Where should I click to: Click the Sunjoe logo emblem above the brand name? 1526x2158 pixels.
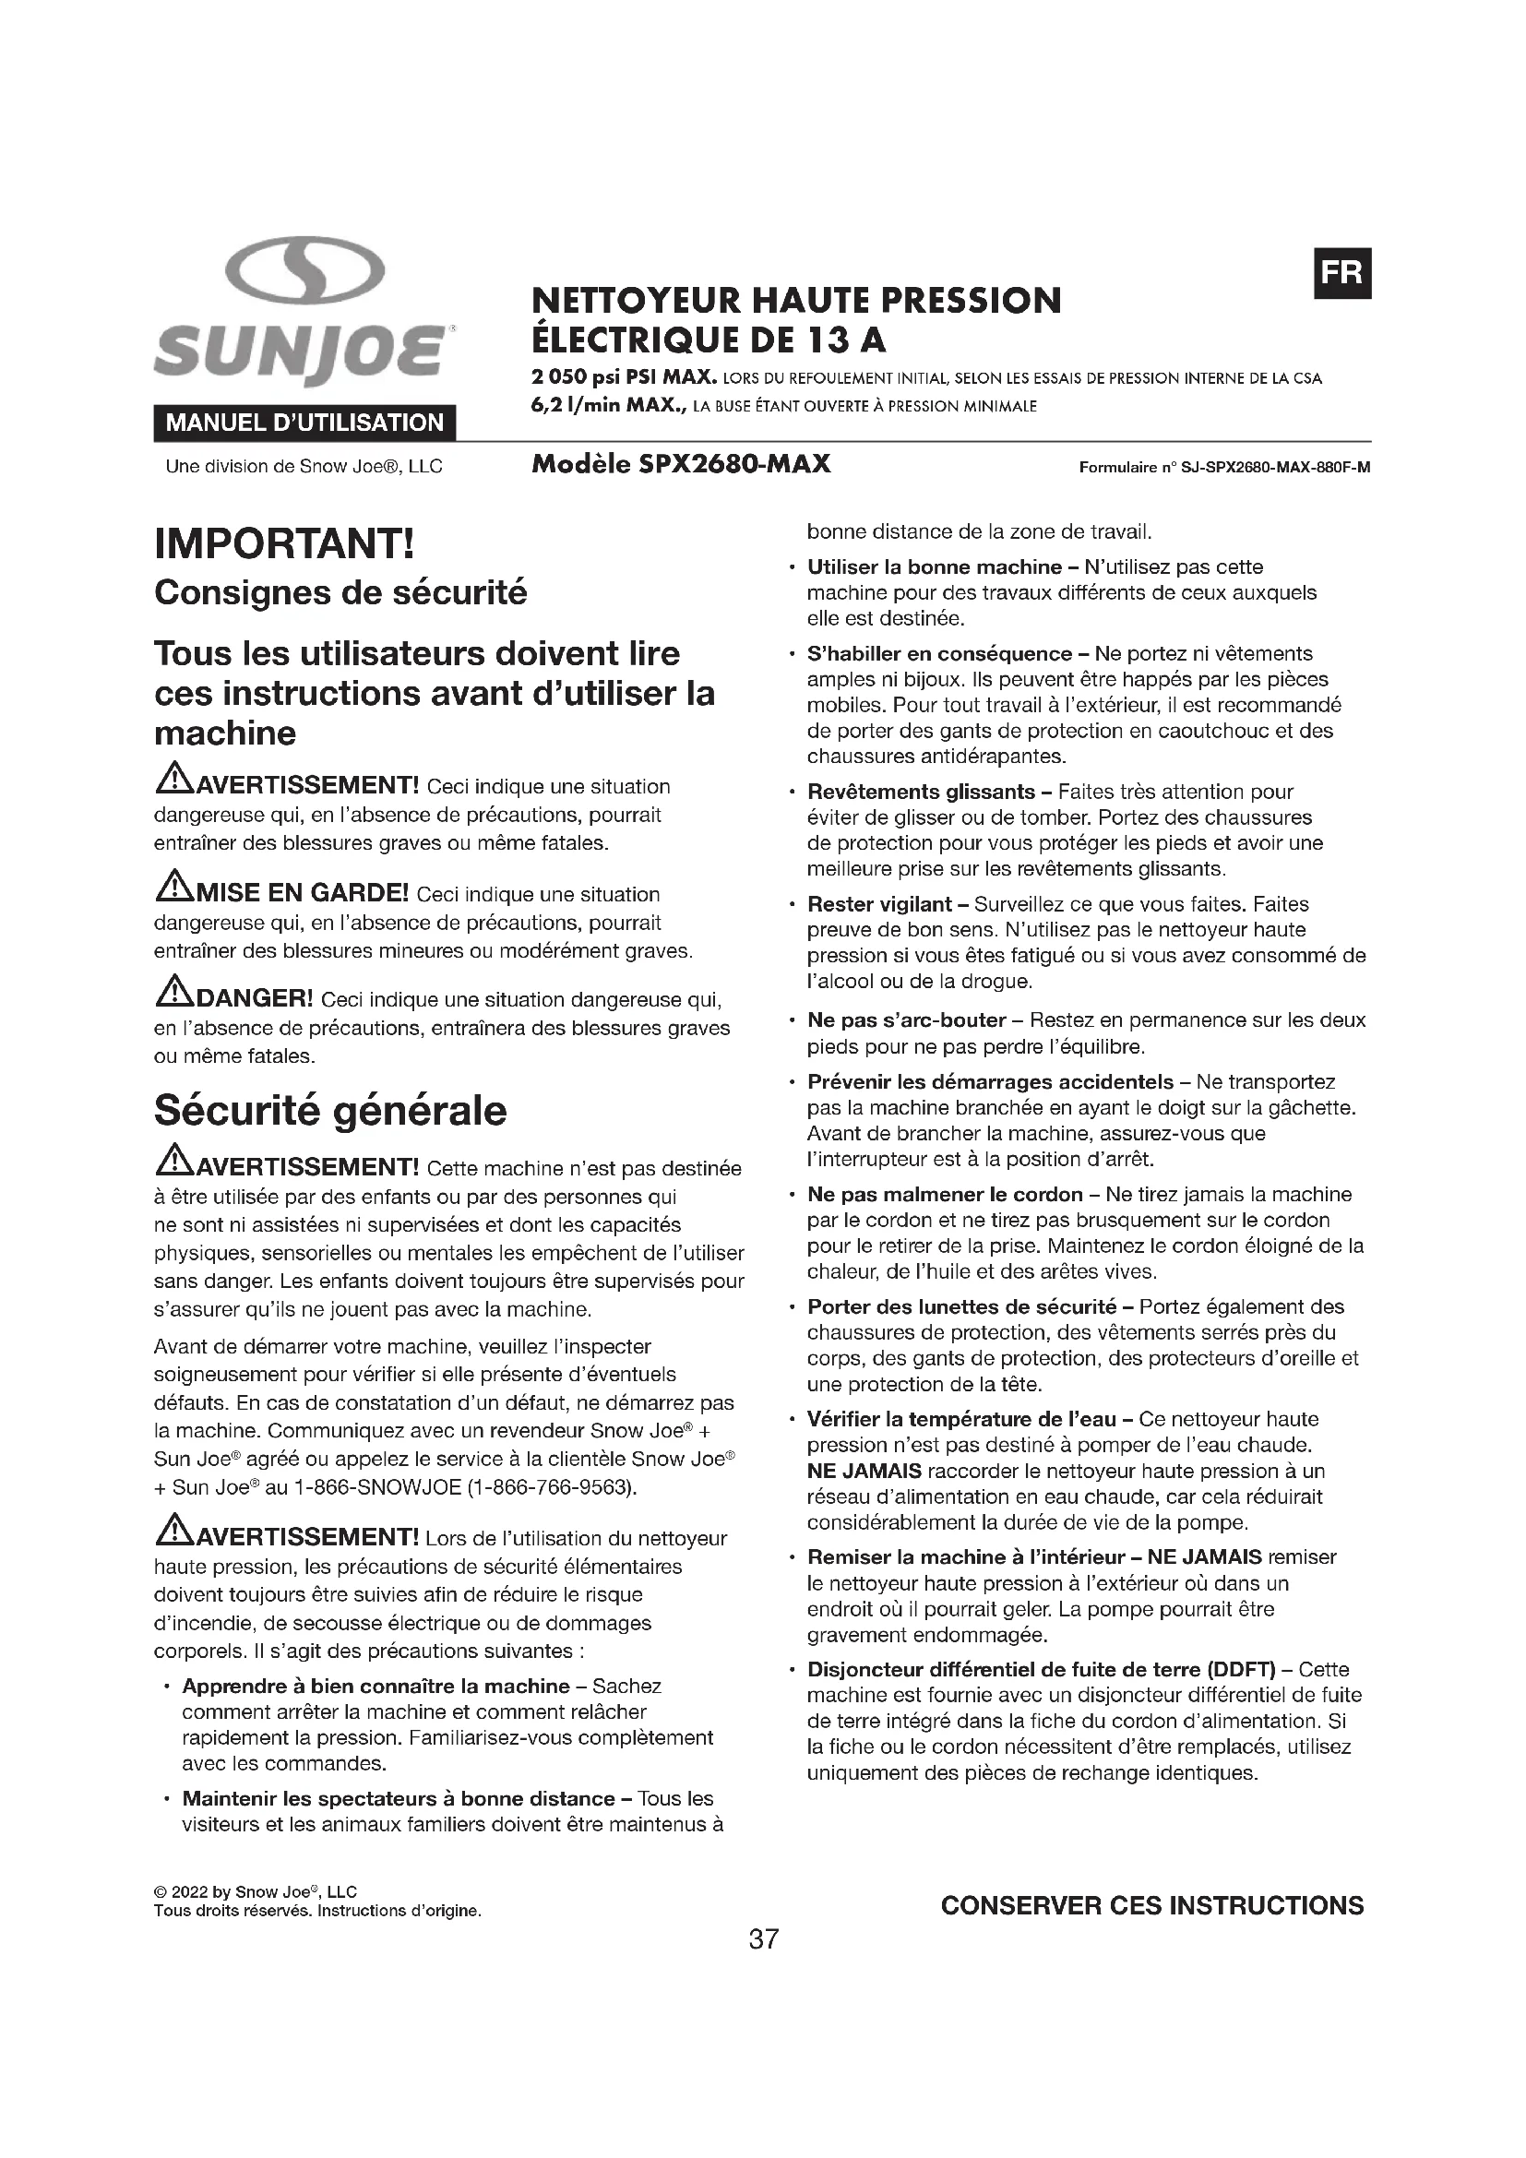305,270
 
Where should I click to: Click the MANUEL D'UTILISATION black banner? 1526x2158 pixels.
304,423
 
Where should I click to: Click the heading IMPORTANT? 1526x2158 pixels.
284,544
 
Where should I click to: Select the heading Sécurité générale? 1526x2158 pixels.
329,1111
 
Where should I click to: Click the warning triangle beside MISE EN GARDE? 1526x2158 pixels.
173,886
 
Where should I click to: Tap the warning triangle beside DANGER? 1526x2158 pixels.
173,991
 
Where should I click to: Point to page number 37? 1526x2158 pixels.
763,1938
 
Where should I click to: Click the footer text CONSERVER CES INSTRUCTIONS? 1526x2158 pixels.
1152,1905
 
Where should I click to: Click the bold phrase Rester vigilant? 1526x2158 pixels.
879,904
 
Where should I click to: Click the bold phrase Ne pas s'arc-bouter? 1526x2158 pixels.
907,1019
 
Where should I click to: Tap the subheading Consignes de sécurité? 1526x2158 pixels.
340,593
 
